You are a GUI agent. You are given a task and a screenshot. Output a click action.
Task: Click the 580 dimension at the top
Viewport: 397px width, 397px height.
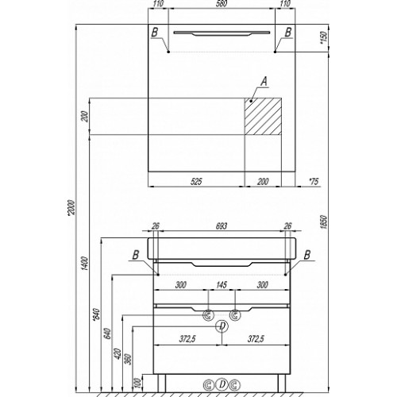coord(222,4)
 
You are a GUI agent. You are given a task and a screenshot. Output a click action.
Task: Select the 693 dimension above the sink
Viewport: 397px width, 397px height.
coord(222,225)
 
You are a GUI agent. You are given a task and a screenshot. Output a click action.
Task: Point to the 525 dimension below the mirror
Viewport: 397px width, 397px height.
coord(196,181)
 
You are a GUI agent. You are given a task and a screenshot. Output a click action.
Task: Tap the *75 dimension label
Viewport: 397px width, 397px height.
coord(314,182)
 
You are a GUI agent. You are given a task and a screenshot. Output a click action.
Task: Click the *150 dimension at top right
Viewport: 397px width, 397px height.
coord(324,37)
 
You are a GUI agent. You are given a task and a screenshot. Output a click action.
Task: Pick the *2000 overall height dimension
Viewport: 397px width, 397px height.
coord(71,211)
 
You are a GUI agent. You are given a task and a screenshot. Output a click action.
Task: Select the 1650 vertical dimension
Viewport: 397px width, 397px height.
coord(324,222)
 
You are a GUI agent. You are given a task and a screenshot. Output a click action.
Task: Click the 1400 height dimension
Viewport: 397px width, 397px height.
coord(85,264)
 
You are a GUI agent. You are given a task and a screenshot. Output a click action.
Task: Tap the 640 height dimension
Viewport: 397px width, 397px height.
coord(107,334)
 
